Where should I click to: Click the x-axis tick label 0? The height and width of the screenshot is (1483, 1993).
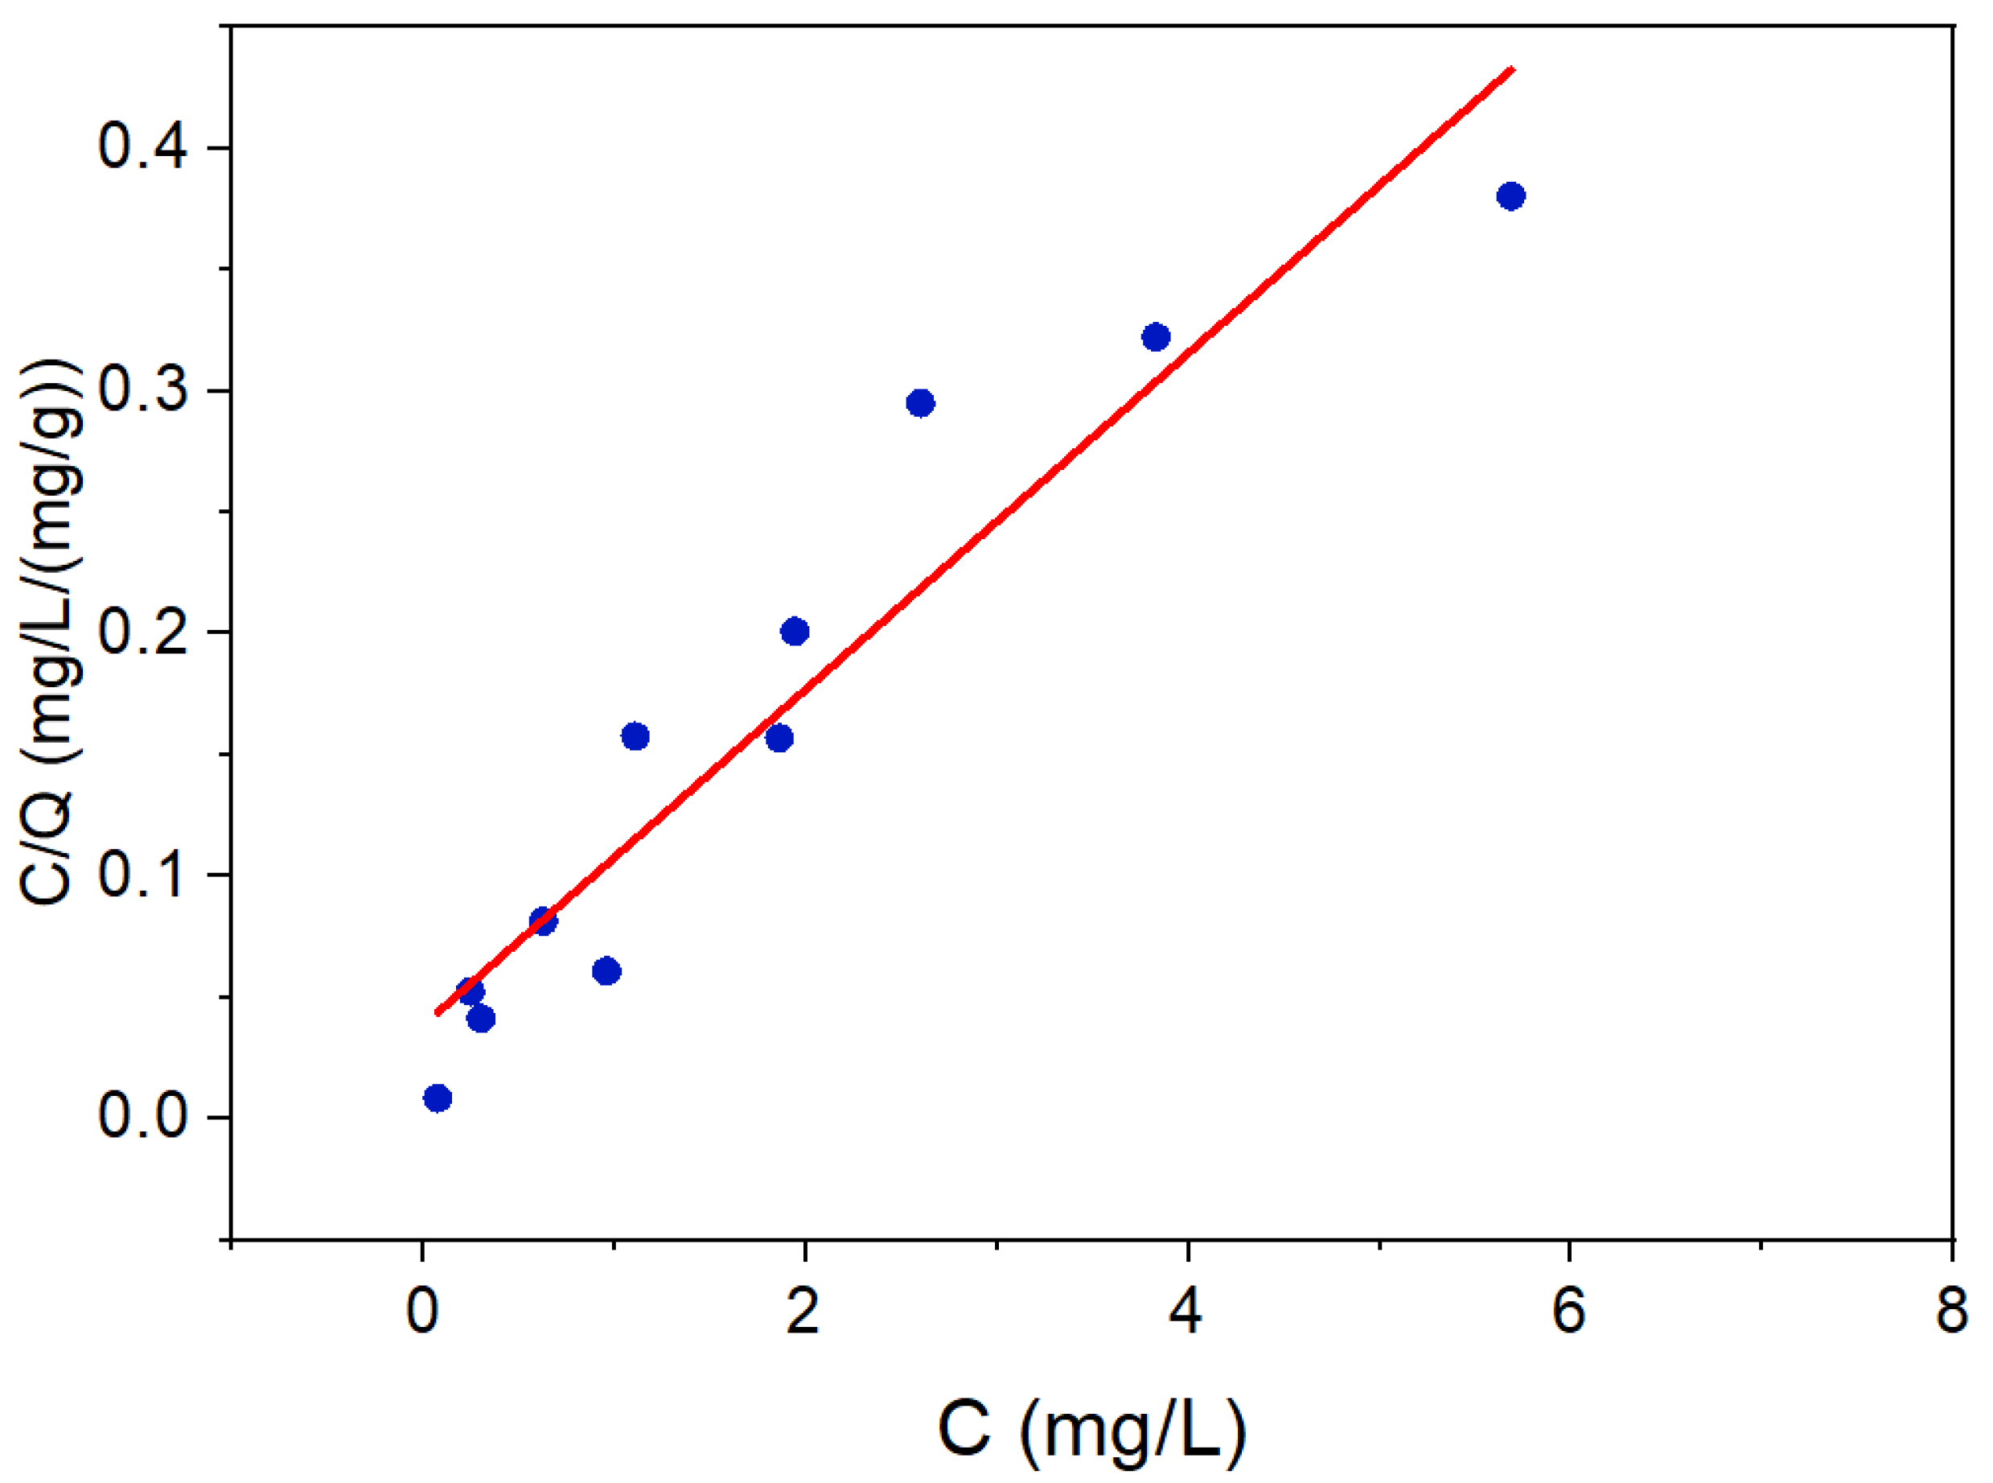click(421, 1312)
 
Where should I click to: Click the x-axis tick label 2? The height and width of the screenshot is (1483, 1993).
click(803, 1312)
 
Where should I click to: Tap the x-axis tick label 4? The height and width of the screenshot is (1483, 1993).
click(1186, 1312)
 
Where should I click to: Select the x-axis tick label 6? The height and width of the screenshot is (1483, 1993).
click(1568, 1312)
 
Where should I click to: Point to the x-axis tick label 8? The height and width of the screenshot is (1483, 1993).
click(1952, 1312)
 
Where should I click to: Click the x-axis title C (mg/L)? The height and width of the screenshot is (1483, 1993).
click(1091, 1427)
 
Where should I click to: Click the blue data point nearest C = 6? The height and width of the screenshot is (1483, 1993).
click(1511, 196)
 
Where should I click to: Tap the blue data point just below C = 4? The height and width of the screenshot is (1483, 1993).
click(1156, 337)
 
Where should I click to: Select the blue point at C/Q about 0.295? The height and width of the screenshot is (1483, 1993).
click(921, 403)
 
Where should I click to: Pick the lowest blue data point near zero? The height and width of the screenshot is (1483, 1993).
click(438, 1098)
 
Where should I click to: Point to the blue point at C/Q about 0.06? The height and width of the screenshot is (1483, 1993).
click(607, 971)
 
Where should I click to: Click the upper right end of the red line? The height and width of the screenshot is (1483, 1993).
click(1514, 68)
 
